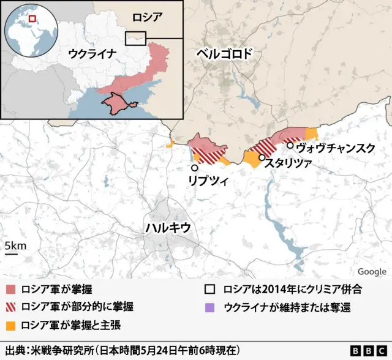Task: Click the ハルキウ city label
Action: (x=168, y=227)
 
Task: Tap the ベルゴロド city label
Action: (x=224, y=54)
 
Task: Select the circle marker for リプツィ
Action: (x=195, y=168)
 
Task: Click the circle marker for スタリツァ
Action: (x=262, y=157)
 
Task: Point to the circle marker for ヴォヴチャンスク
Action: (x=290, y=145)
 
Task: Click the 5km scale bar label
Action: (x=15, y=246)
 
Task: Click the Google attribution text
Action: (x=372, y=272)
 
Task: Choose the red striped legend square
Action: (x=10, y=306)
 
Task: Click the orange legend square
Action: (x=10, y=324)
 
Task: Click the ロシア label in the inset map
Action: (x=148, y=17)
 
